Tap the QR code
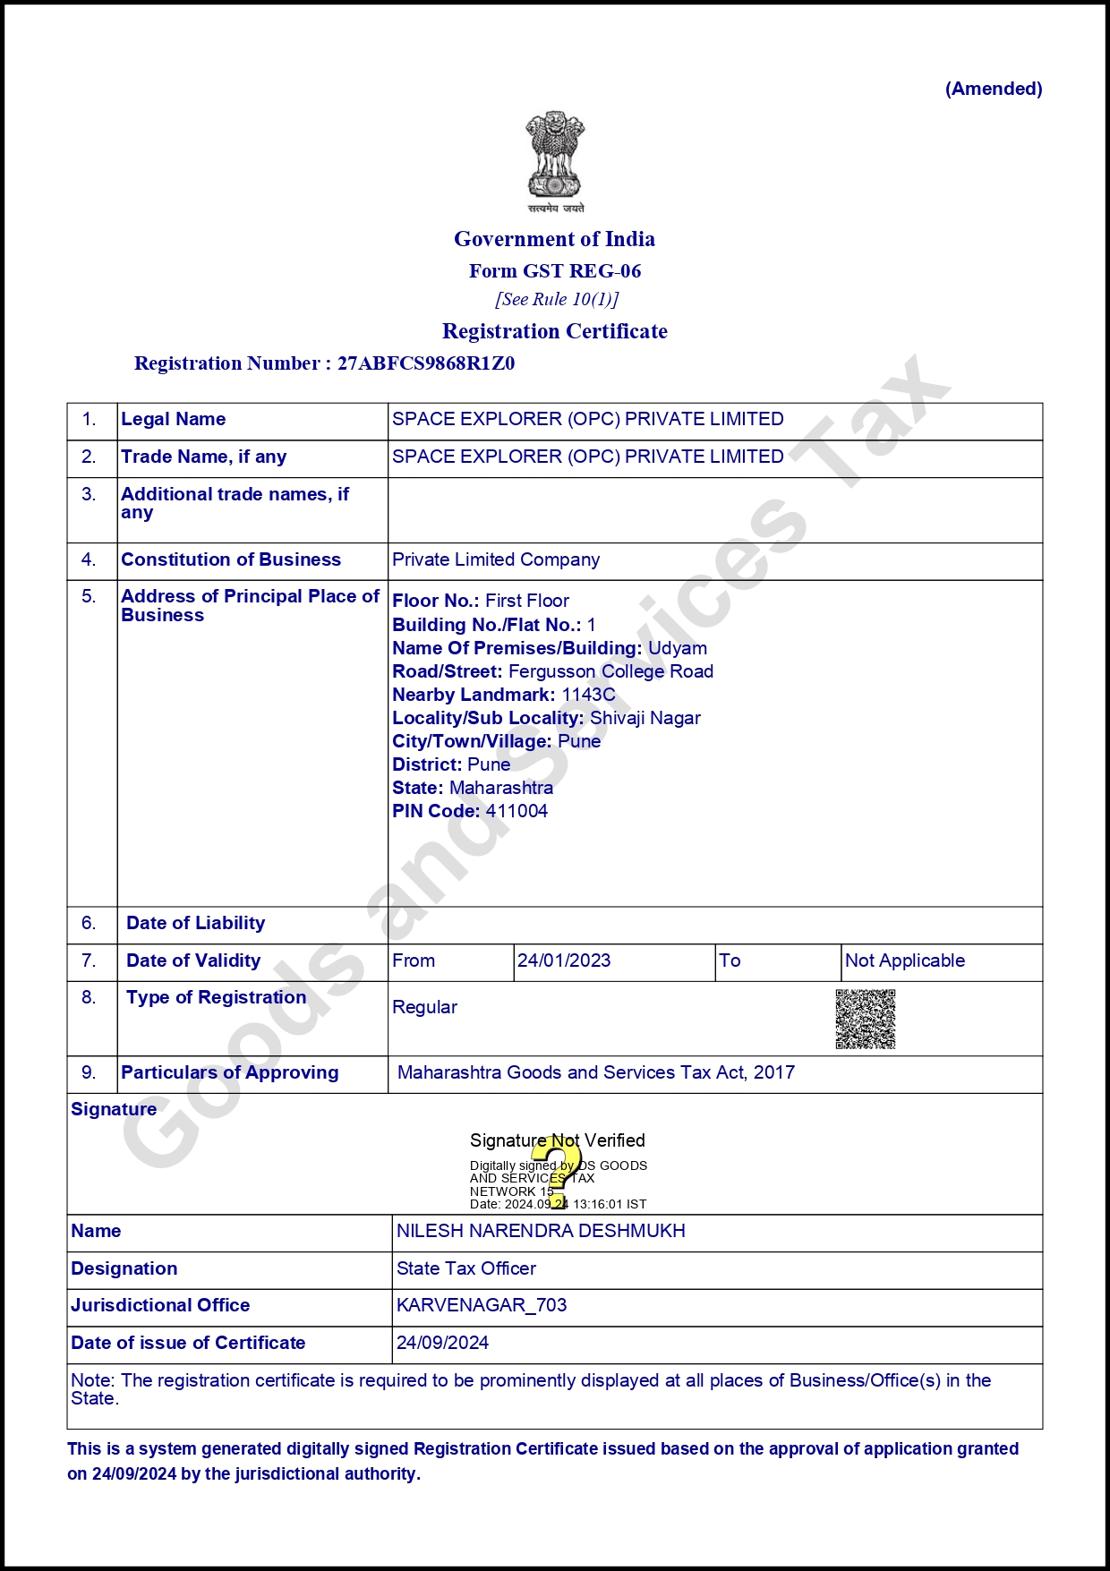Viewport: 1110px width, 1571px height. [865, 1019]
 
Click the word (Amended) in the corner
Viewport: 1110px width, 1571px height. [994, 89]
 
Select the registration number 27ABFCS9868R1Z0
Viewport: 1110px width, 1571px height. [425, 363]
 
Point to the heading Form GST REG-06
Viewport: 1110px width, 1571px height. [555, 271]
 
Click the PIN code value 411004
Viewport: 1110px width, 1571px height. [517, 811]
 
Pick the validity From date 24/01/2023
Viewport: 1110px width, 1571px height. [564, 961]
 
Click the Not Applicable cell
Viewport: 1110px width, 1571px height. [904, 961]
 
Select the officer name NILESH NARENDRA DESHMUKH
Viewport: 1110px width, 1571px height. [541, 1231]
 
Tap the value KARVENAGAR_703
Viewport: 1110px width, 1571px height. [482, 1305]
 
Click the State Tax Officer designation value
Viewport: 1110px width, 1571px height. [466, 1268]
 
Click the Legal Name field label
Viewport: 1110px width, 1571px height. [174, 419]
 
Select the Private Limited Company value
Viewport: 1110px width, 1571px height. [496, 559]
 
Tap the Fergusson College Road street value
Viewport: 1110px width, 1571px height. [610, 671]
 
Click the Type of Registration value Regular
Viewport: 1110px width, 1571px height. [424, 1007]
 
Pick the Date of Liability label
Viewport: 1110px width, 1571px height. [196, 923]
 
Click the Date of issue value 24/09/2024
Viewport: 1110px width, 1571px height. [442, 1343]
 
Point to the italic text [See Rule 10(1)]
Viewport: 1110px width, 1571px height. [557, 299]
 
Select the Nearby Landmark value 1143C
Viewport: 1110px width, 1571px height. [588, 695]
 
